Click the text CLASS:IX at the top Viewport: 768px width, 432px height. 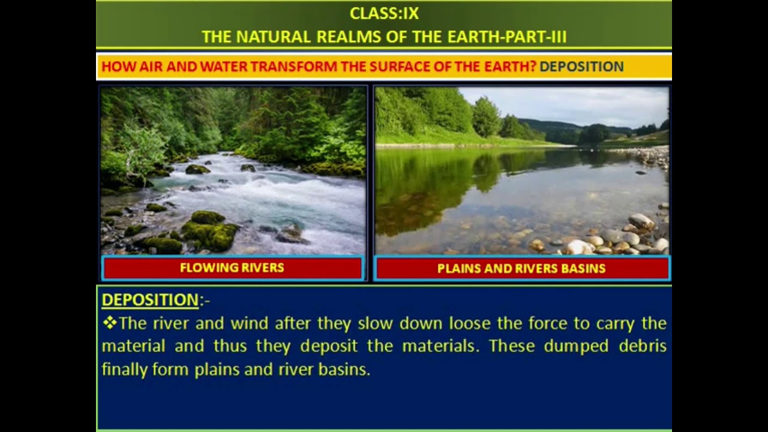pos(384,13)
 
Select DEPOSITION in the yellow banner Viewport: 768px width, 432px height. pos(581,67)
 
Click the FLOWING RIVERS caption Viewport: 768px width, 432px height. pos(232,268)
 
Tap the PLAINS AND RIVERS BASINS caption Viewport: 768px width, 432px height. pos(521,269)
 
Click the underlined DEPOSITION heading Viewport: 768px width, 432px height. pos(150,300)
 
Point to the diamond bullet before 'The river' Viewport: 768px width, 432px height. pos(109,323)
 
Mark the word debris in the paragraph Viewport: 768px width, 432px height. pos(644,346)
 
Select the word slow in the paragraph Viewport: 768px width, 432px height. pos(375,323)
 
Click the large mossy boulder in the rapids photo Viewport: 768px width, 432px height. pos(209,230)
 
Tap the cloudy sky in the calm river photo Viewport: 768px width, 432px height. pos(576,105)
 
